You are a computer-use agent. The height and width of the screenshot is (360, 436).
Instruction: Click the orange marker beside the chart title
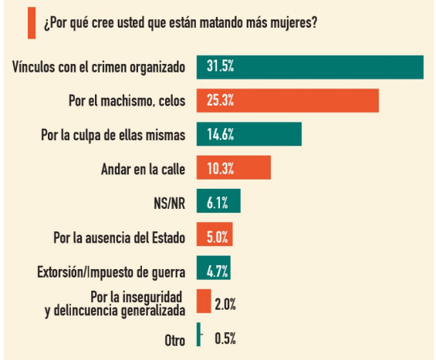pos(32,23)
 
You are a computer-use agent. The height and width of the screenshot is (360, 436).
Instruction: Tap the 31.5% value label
pos(220,66)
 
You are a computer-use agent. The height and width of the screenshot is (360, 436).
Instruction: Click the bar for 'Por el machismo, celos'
pos(288,100)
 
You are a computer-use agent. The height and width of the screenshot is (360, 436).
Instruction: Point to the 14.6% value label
pos(220,134)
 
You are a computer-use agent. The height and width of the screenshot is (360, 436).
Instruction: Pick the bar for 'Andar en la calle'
pos(234,167)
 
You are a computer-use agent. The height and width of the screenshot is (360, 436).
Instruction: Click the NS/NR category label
pos(169,203)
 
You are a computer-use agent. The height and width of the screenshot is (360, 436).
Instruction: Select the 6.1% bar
pos(218,201)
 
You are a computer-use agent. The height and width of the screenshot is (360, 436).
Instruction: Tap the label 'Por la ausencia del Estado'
pos(120,237)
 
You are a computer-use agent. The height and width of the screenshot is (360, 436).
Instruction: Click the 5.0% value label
pos(217,237)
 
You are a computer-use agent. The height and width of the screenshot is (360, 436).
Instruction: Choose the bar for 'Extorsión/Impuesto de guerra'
pos(214,267)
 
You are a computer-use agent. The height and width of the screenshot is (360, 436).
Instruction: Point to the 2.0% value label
pos(225,304)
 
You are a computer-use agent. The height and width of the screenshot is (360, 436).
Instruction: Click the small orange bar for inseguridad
pos(204,301)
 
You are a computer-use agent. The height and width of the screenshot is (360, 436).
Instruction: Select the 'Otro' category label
pos(175,340)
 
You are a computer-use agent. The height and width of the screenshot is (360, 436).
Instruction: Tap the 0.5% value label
pos(225,338)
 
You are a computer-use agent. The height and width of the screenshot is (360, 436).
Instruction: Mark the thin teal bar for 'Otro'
pos(198,335)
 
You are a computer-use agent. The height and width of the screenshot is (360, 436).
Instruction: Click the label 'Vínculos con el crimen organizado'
pos(99,67)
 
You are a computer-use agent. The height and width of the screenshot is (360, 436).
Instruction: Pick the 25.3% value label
pos(220,100)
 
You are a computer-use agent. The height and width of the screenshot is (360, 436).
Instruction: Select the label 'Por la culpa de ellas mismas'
pos(113,135)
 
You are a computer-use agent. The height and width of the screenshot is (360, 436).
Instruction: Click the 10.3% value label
pos(220,169)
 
